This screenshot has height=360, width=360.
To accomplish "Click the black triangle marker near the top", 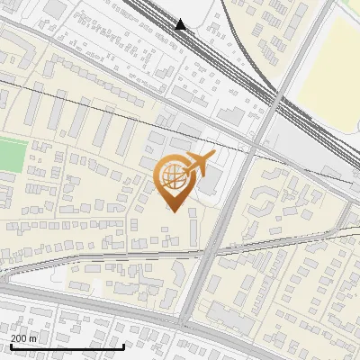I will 182,25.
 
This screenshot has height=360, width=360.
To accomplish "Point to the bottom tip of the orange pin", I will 173,211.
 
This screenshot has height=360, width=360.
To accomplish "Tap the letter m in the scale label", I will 34,338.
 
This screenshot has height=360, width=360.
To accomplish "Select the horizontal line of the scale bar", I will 67,346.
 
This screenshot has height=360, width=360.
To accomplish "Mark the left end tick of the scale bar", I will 10,345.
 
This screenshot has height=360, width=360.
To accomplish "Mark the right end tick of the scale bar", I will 123,345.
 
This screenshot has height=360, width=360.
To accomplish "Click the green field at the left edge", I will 10,154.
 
